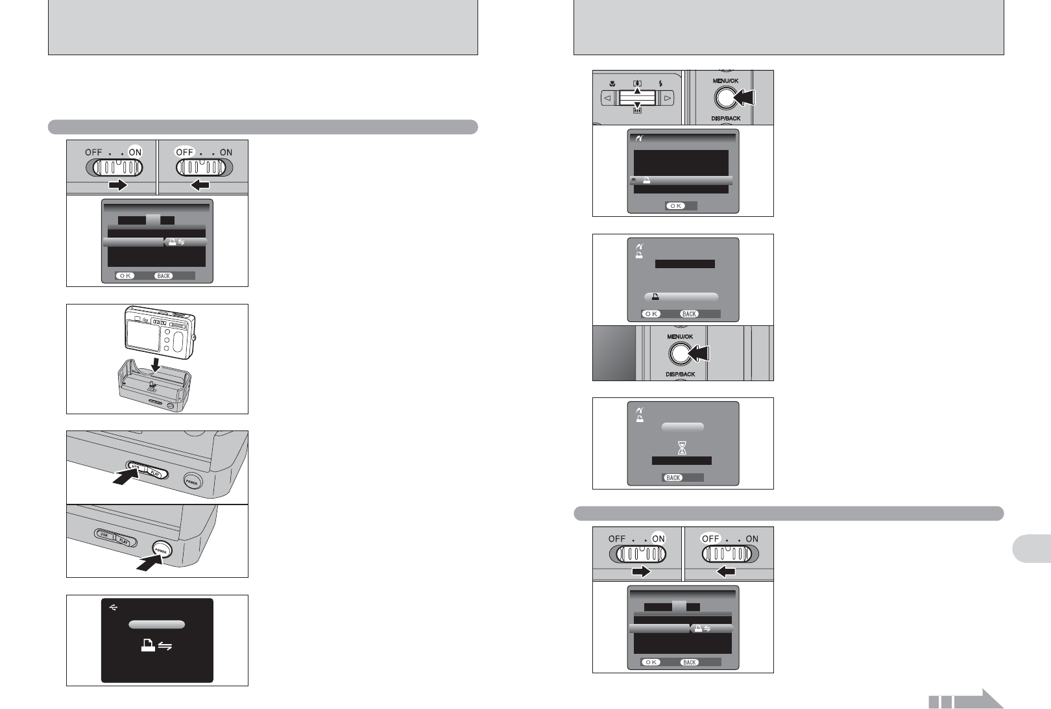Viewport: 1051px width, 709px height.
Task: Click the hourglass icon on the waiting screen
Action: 682,447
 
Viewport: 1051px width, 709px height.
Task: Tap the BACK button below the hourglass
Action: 673,477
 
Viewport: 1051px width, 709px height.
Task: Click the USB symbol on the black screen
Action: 114,608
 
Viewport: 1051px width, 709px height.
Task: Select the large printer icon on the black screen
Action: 149,646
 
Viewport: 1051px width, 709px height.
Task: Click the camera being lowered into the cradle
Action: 159,334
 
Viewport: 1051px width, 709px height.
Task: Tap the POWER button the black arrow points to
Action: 161,550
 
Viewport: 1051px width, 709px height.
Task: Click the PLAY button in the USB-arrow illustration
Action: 154,473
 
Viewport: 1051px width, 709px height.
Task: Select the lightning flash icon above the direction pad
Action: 660,83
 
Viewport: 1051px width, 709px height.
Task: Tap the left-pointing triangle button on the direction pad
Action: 608,98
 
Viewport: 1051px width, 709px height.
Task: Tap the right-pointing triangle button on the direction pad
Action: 667,98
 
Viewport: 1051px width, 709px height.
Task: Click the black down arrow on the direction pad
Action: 637,104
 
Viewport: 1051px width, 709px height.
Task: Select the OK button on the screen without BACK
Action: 676,205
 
